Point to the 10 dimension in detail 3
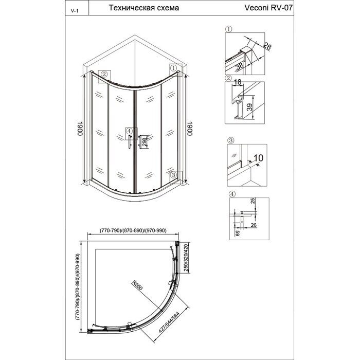[x=258, y=158]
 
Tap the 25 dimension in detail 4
[x=254, y=202]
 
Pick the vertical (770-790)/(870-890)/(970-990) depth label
[x=78, y=286]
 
